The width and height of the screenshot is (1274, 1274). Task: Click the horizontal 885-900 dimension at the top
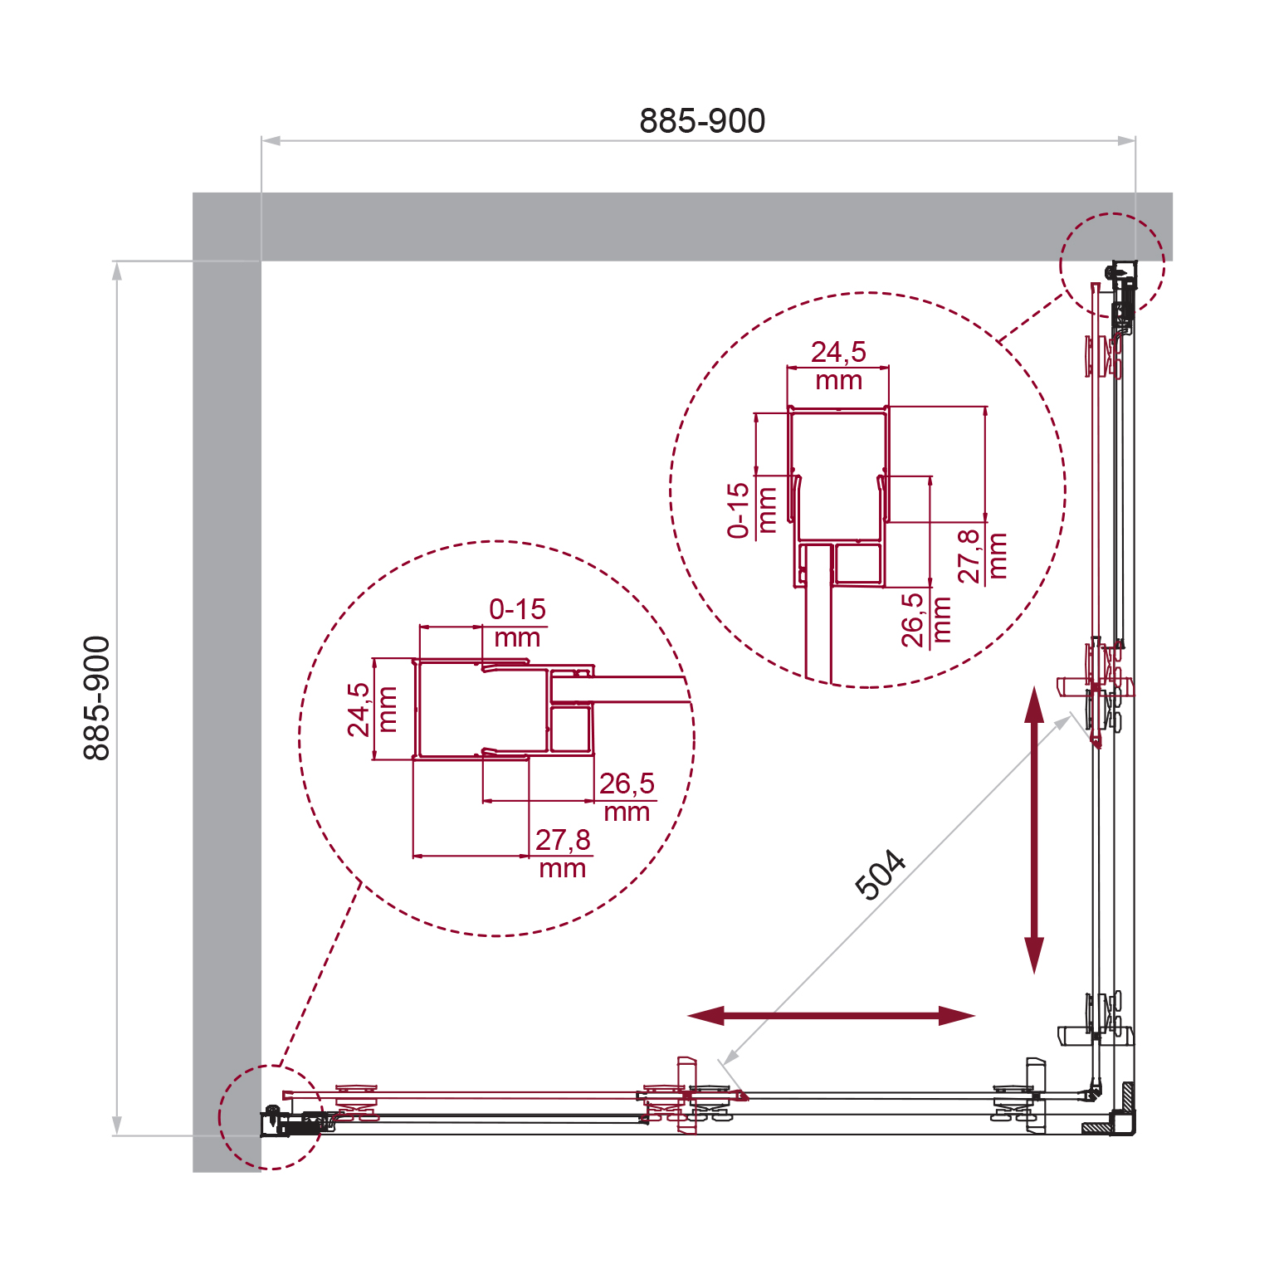coord(701,121)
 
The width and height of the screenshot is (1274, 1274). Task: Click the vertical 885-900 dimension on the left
coord(97,697)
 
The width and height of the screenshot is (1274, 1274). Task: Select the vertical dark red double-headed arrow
coord(1033,830)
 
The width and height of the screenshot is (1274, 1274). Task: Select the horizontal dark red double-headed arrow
coord(831,1015)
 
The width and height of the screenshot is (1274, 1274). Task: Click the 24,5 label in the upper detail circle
coord(838,352)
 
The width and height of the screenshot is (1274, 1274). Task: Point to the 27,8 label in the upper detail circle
coord(969,556)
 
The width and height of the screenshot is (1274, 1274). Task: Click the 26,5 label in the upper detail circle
coord(912,619)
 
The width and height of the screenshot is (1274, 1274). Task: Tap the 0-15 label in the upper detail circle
coord(738,510)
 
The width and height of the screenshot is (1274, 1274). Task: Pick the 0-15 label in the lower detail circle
coord(517,609)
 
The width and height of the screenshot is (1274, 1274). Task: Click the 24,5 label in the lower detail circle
coord(359,710)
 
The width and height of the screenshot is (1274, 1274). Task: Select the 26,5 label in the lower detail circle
coord(627,783)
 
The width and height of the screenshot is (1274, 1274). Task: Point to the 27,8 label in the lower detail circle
coord(563,840)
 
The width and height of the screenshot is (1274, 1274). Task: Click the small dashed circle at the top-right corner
coord(1112,265)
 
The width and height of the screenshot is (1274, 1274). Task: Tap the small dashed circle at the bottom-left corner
coord(270,1117)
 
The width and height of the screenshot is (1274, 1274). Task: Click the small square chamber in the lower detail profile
coord(570,729)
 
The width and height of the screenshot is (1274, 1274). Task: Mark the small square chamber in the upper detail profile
coord(857,563)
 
